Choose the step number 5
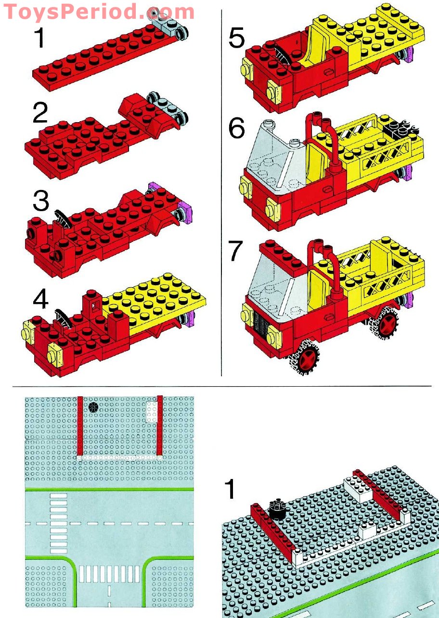coord(237,38)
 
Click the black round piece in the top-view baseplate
coord(93,407)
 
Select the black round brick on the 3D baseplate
coord(277,508)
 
